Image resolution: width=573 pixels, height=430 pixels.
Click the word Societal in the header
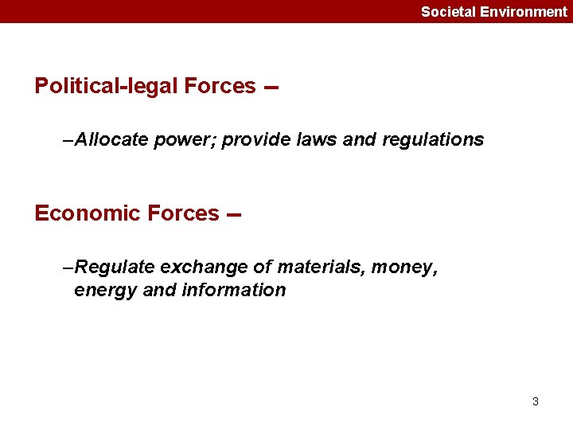(x=449, y=12)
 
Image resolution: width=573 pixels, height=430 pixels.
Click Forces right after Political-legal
(x=220, y=86)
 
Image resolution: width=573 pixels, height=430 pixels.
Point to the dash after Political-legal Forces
(x=271, y=88)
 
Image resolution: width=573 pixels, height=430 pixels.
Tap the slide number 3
(x=536, y=401)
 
